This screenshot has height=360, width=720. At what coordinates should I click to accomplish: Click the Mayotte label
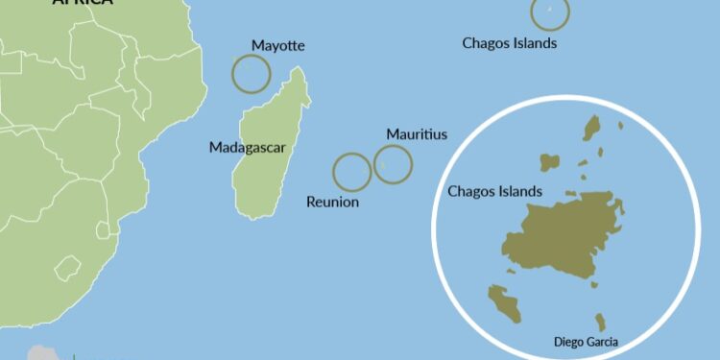click(x=277, y=45)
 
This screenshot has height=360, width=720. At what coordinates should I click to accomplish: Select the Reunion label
click(x=332, y=202)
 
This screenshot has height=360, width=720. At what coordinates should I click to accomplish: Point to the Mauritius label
click(x=417, y=134)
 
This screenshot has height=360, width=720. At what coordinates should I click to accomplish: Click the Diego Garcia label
click(x=587, y=341)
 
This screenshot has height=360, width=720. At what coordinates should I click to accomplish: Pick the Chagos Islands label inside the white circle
click(x=494, y=192)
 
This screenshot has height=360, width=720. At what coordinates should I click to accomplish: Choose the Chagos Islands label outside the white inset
click(x=509, y=42)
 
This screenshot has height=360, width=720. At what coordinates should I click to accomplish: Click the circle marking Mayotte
click(x=252, y=73)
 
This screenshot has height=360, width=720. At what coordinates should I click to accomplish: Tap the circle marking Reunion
click(x=351, y=172)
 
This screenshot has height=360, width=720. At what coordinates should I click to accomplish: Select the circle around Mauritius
click(x=393, y=164)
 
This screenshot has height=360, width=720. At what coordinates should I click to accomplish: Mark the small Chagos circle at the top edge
click(x=550, y=12)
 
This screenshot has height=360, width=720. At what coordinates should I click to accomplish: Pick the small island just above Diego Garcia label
click(x=601, y=322)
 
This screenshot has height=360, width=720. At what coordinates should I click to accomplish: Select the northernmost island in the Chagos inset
click(x=592, y=128)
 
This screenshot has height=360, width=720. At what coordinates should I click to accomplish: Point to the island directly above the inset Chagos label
click(x=549, y=161)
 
